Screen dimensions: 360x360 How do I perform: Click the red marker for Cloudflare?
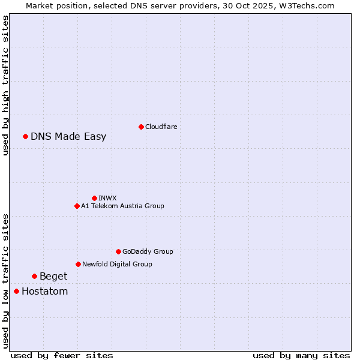point(141,127)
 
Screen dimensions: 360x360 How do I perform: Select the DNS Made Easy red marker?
point(25,136)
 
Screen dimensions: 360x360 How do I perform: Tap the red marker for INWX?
point(94,198)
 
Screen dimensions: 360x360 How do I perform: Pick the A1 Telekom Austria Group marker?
point(77,206)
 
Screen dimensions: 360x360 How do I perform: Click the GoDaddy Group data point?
point(118,251)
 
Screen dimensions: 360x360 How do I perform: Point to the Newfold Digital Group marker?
point(78,264)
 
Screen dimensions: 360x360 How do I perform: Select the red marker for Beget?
point(34,276)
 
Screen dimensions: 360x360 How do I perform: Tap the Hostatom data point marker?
point(16,291)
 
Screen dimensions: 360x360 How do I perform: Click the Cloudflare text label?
point(161,127)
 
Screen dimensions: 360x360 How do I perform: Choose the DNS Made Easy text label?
point(68,136)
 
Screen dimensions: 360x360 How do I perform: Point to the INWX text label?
point(107,198)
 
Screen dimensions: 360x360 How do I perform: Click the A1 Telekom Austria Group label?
point(122,206)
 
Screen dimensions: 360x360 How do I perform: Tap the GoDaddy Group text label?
point(148,251)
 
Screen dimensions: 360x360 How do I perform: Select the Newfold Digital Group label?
point(117,264)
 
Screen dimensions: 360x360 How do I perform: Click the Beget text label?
point(53,276)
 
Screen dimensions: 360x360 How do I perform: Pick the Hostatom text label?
point(44,291)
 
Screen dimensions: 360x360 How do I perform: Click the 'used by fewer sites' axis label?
point(62,355)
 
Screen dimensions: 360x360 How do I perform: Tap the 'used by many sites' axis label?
point(301,355)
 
